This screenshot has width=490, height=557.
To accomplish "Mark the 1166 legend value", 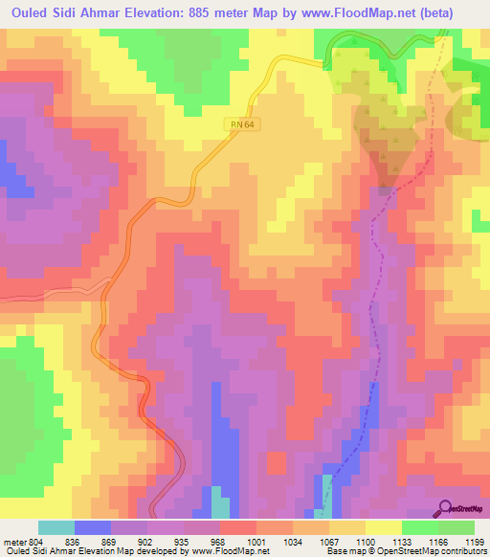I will (428, 541).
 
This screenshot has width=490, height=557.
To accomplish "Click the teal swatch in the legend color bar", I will (56, 527).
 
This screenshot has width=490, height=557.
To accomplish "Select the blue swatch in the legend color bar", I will (93, 527).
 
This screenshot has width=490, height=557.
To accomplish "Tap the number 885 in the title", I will (202, 12).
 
